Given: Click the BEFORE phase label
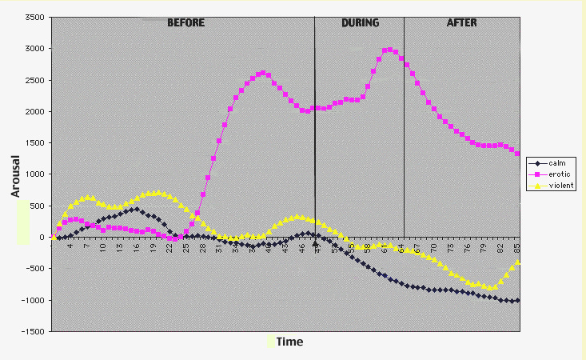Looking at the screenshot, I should [x=185, y=22].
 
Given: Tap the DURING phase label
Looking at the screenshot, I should [x=360, y=22].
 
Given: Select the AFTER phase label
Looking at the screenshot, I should [x=461, y=22].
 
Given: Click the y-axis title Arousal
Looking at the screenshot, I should [x=15, y=175].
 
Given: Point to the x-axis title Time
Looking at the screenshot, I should [x=290, y=342].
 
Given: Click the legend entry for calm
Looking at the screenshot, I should [x=557, y=163].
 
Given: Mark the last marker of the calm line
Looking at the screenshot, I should [x=518, y=300].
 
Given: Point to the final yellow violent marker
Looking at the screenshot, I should [x=518, y=262].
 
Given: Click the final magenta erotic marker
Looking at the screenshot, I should [x=518, y=154].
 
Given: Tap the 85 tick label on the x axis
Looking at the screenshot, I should [x=518, y=246].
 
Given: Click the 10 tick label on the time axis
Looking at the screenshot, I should [x=103, y=246].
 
